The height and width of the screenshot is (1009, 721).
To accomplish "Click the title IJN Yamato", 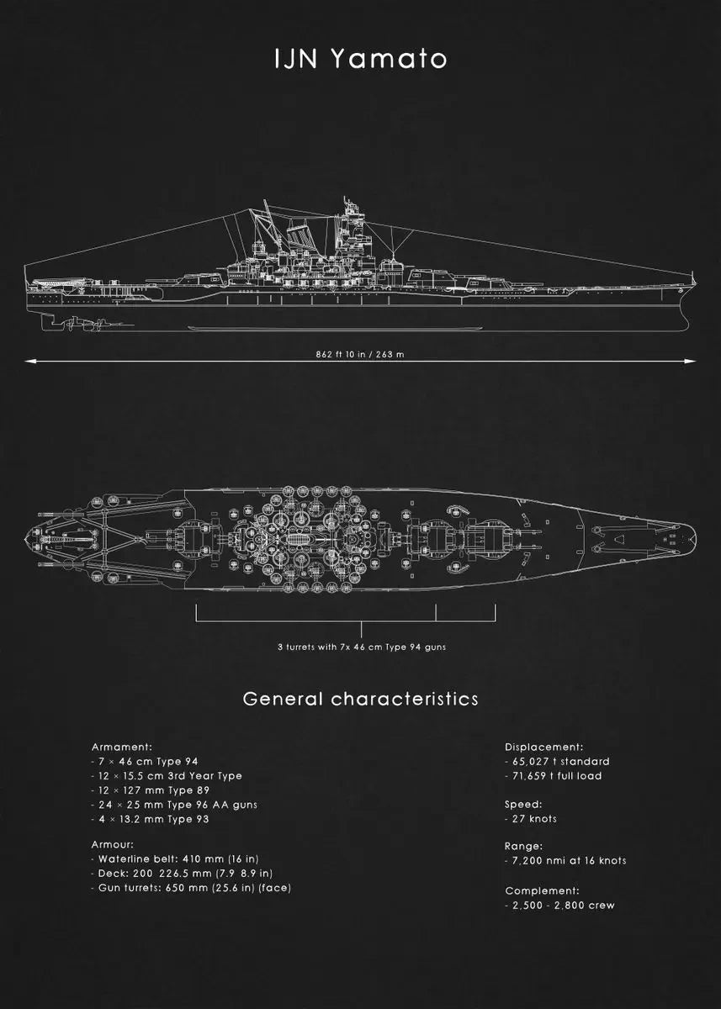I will (x=360, y=59).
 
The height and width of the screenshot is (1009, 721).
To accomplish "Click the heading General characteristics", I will (x=360, y=699).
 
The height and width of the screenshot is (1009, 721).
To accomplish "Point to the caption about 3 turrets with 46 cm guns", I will (x=362, y=647).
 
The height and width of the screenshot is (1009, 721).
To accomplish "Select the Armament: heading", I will (x=122, y=747).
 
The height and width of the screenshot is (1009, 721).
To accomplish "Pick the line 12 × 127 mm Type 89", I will (x=151, y=790).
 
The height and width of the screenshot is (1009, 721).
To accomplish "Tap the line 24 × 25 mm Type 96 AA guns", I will (x=174, y=805).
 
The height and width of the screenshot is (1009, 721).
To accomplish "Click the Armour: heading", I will (x=113, y=844).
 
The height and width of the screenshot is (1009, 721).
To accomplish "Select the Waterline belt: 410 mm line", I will (x=175, y=859).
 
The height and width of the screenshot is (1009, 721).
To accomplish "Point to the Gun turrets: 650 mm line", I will (x=191, y=888).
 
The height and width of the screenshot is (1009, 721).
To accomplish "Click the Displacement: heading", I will (x=543, y=747).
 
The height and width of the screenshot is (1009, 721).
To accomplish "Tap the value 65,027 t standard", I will (x=557, y=761).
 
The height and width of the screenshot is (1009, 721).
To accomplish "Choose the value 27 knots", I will (x=531, y=819).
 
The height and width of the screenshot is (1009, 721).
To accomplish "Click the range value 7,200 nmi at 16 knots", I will (x=565, y=860).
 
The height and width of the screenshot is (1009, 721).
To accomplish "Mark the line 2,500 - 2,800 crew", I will (x=559, y=906).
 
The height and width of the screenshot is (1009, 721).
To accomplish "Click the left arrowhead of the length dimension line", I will (x=28, y=362).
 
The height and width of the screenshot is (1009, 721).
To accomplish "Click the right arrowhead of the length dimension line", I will (x=692, y=362).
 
